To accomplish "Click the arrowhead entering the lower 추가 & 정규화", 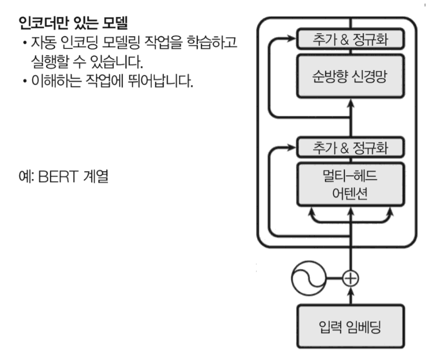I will pyautogui.click(x=293, y=146).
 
